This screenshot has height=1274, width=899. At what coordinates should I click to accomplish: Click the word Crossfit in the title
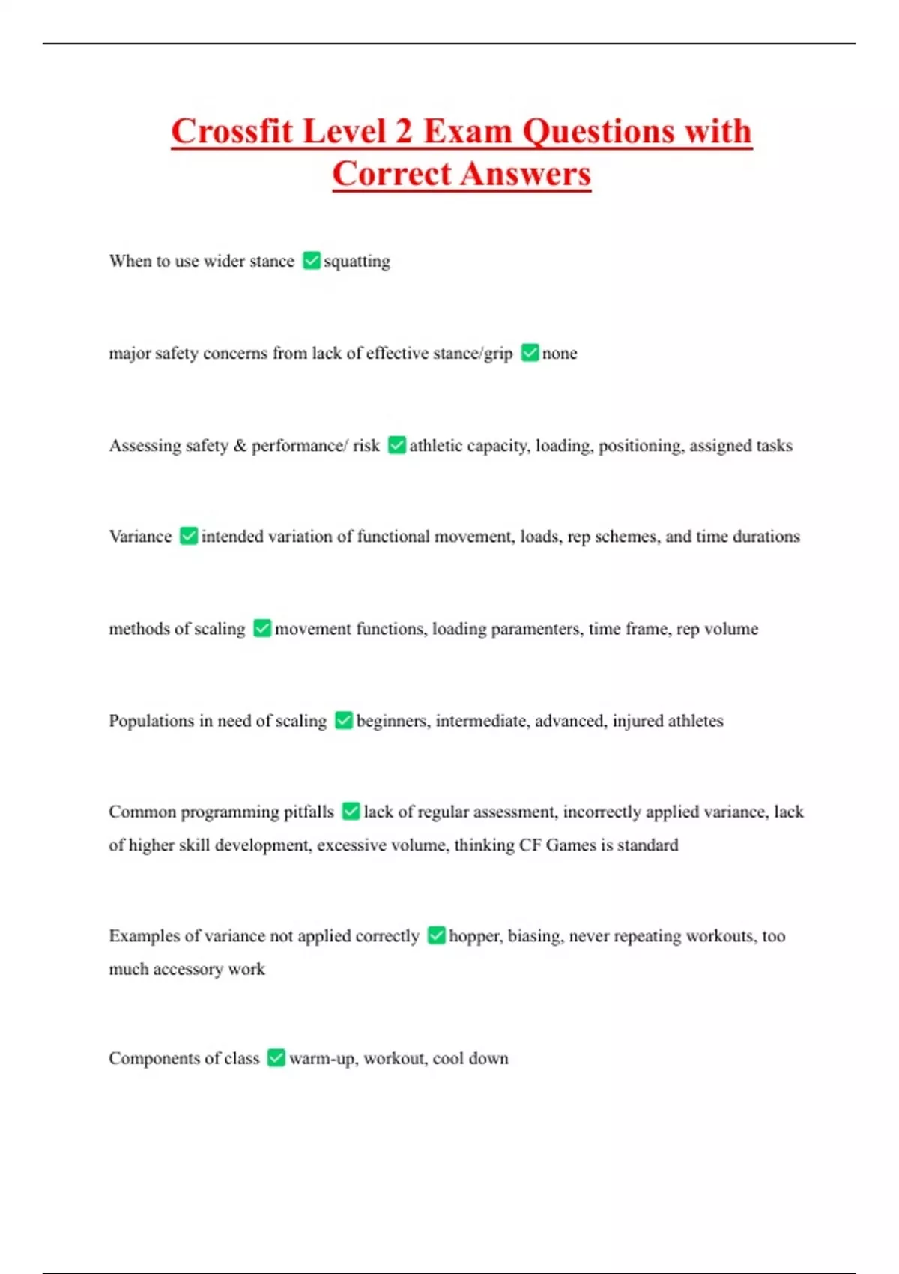point(231,132)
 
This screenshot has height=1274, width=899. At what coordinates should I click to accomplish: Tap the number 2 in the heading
point(403,132)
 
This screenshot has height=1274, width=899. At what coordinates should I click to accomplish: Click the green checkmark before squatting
point(311,261)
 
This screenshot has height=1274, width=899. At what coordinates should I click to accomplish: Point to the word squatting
point(357,262)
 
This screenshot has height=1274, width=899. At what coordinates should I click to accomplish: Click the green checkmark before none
point(530,353)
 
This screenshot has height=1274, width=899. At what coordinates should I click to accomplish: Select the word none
point(560,354)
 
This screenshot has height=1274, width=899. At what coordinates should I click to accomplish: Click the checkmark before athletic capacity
point(396,445)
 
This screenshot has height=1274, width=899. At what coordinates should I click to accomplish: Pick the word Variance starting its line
point(140,537)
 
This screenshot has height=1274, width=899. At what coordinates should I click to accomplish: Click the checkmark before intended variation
point(189,536)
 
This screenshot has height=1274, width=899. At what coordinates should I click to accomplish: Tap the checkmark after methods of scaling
point(262,628)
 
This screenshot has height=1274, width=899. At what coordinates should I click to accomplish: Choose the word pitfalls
point(309,812)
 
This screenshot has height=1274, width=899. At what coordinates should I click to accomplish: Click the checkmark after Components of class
point(276,1057)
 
